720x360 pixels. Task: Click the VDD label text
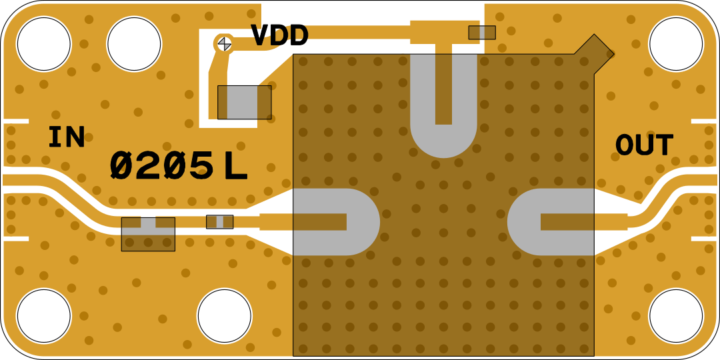click(x=279, y=36)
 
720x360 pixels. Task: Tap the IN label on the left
click(x=67, y=137)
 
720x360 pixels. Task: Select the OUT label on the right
click(x=643, y=145)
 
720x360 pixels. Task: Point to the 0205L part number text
click(x=178, y=167)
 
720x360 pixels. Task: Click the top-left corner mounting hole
click(x=43, y=44)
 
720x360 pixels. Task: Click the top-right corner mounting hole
click(x=675, y=44)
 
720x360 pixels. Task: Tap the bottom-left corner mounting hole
click(x=43, y=316)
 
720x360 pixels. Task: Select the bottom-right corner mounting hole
click(x=675, y=316)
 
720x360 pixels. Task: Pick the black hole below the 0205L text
click(x=224, y=316)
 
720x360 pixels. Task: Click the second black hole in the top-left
click(x=134, y=44)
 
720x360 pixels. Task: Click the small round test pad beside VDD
click(x=225, y=43)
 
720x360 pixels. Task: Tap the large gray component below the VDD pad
click(x=244, y=102)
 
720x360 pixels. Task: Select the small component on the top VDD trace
click(x=481, y=32)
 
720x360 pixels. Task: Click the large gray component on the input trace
click(x=148, y=234)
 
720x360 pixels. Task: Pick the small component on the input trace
click(x=219, y=221)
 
